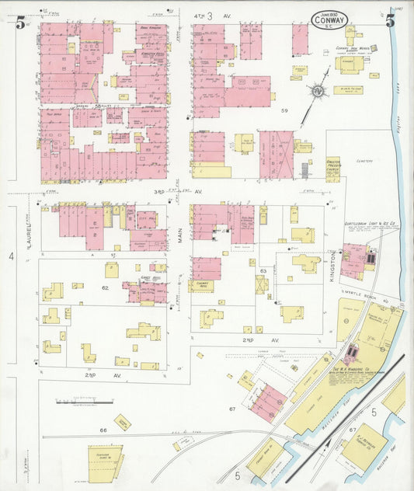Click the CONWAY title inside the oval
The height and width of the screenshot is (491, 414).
329,23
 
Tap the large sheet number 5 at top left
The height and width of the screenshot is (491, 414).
19,23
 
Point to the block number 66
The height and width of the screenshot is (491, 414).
102,430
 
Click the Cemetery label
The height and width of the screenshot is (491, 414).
364,161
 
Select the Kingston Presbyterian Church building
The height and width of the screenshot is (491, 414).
332,169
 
